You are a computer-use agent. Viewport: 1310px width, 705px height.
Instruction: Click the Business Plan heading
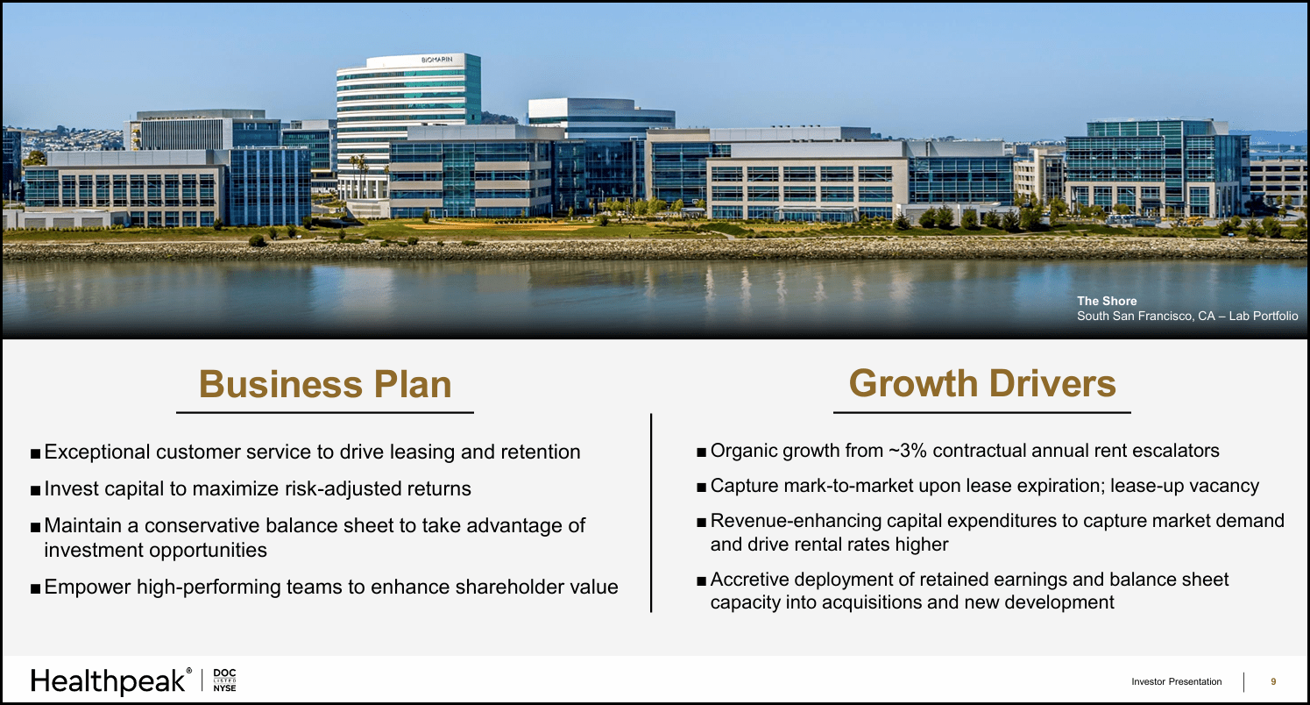(x=325, y=384)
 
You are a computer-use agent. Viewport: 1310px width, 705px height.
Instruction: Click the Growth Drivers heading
(x=982, y=383)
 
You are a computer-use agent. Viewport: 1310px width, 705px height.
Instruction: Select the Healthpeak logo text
(x=110, y=680)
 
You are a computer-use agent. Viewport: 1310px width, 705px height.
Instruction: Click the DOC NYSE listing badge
(x=225, y=680)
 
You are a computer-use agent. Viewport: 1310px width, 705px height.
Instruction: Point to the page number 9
(x=1273, y=681)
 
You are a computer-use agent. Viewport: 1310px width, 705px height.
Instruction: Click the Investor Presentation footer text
(x=1176, y=681)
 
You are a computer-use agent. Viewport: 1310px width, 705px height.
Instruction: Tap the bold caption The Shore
(x=1107, y=301)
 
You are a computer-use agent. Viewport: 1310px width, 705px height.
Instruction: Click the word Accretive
(x=751, y=580)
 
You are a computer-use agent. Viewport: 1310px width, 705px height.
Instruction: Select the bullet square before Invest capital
(x=34, y=490)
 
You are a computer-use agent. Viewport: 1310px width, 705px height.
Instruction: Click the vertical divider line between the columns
(x=651, y=513)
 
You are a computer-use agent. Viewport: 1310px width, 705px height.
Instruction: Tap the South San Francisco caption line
(x=1187, y=316)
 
